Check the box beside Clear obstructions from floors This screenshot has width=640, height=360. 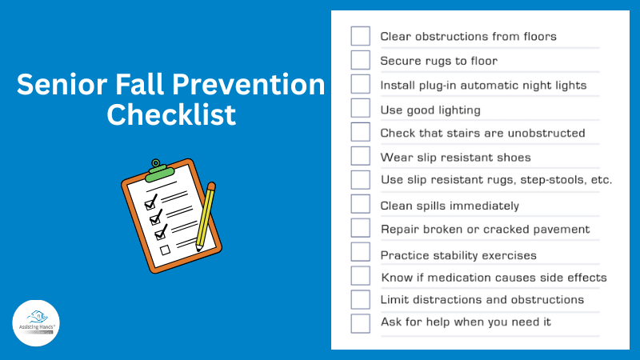click(x=360, y=36)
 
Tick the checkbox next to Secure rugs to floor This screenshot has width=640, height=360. click(x=360, y=60)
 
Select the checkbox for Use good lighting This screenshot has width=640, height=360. click(x=360, y=108)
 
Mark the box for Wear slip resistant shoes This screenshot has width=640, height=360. click(x=360, y=156)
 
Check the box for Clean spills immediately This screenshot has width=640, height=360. click(x=360, y=204)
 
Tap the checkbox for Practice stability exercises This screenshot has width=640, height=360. click(x=360, y=254)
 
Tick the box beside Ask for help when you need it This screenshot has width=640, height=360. click(x=360, y=323)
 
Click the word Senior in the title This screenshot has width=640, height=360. click(x=58, y=85)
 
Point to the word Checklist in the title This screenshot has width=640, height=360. click(x=172, y=115)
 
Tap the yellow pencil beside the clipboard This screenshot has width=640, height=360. click(x=205, y=216)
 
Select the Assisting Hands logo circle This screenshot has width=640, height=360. click(x=38, y=322)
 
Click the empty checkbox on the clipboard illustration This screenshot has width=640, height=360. click(x=166, y=250)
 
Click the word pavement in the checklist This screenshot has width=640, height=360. click(x=561, y=230)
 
